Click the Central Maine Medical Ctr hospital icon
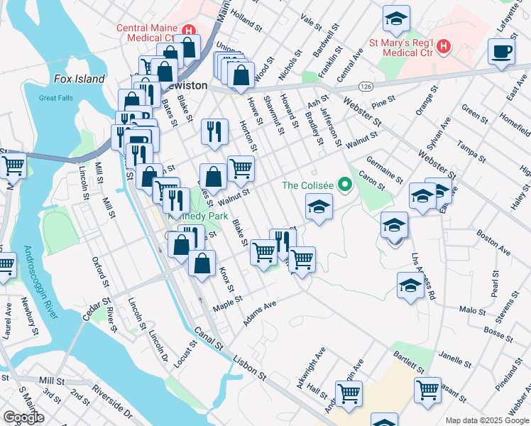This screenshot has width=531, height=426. (189, 31)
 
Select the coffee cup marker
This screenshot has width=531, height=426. (502, 52)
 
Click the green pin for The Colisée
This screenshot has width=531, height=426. (345, 185)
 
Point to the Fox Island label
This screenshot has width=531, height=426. (79, 80)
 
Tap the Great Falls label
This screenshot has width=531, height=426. (58, 98)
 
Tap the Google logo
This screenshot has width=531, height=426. (23, 417)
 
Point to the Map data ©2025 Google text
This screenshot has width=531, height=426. (487, 420)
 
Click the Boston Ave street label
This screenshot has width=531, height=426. (493, 242)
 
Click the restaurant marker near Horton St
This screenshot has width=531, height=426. (214, 131)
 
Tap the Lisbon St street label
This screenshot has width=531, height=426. (251, 369)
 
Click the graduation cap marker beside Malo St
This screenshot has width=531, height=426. (410, 287)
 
